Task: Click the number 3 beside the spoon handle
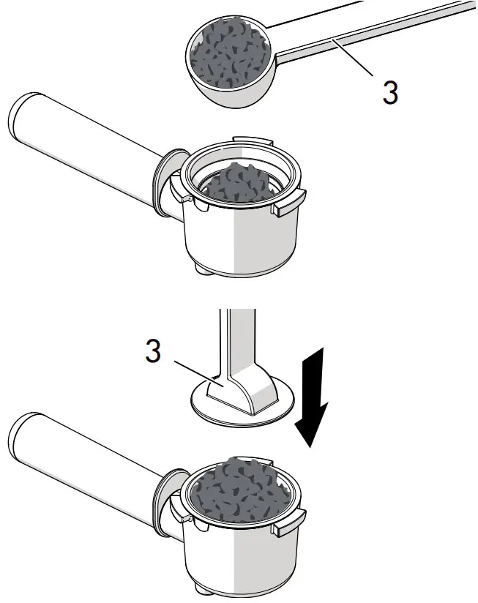click(390, 92)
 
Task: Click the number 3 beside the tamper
click(153, 351)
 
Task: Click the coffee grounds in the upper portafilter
click(238, 184)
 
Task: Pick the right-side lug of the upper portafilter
click(289, 203)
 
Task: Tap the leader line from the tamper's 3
click(199, 373)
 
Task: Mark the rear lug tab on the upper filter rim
click(253, 140)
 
